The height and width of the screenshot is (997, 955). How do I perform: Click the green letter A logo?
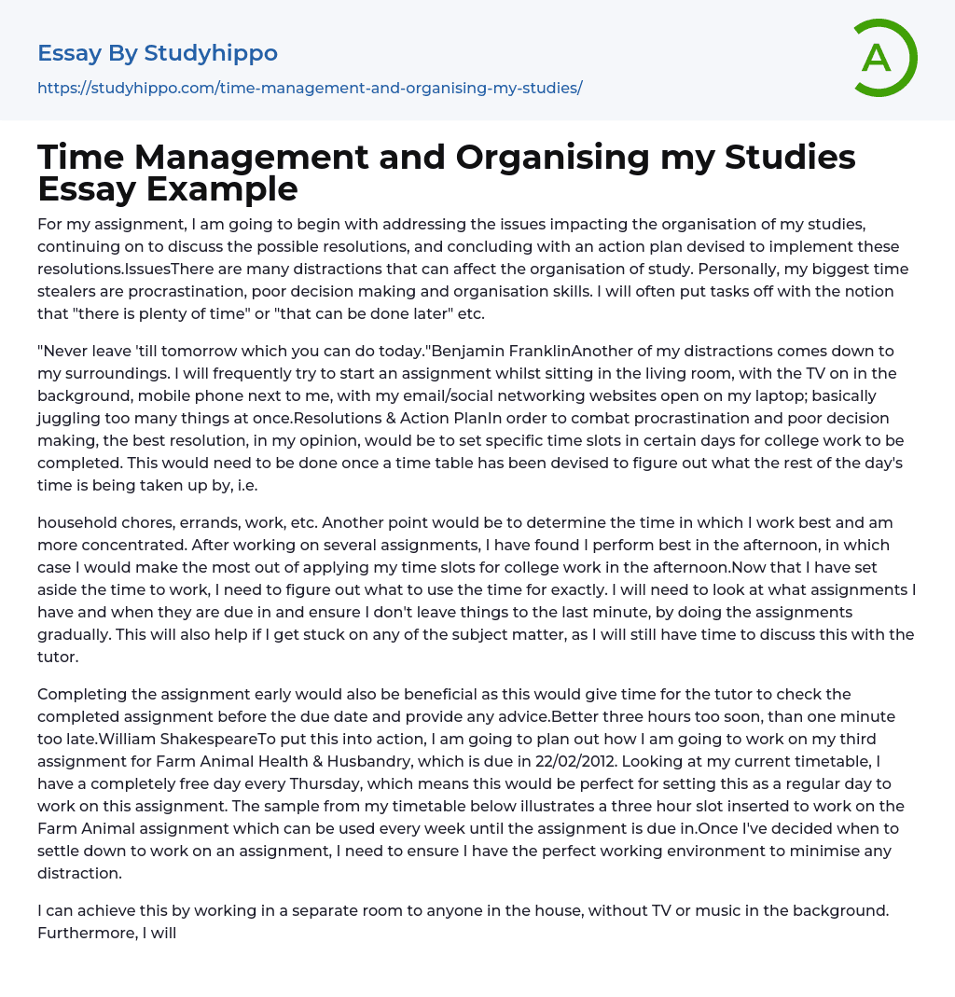[884, 58]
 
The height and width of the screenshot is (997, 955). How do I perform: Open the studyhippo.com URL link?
[310, 88]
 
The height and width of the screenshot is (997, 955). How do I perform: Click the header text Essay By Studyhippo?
[158, 53]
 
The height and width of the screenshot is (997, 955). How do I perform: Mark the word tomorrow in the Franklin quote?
[200, 351]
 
